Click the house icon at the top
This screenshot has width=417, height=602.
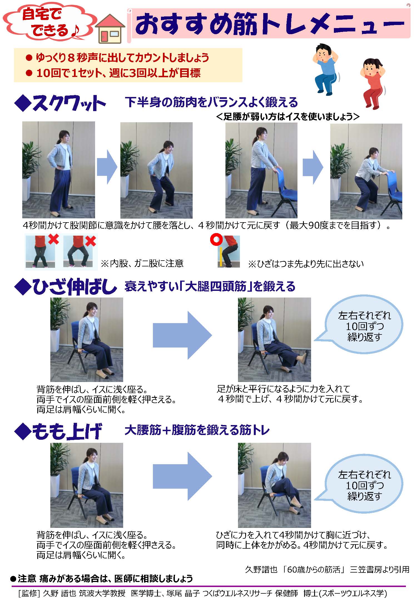click(x=110, y=29)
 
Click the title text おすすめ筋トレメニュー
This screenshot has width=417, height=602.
click(x=269, y=24)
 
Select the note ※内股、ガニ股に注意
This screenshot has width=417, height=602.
click(x=142, y=263)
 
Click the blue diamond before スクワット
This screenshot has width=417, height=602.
click(x=23, y=103)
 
